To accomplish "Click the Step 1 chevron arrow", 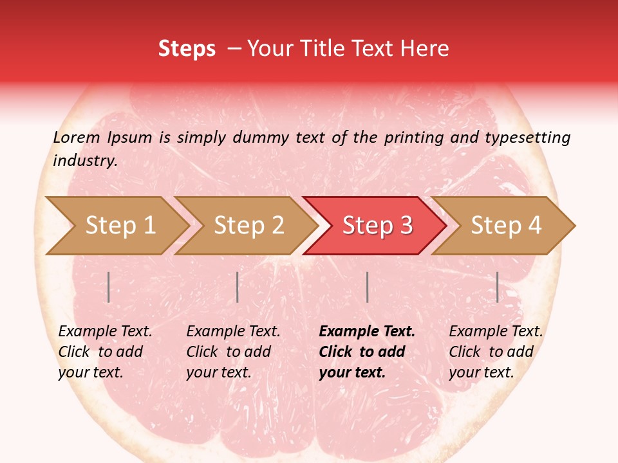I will [119, 226].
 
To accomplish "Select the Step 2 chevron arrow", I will [248, 226].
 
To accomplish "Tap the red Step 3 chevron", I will [377, 226].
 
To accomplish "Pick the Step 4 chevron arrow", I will [505, 226].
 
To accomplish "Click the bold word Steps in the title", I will [187, 49].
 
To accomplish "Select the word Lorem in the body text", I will [77, 137].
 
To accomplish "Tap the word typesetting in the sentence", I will [527, 138].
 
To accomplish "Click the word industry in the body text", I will [84, 160].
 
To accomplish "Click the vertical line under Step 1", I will [109, 287].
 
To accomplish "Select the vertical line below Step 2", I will [238, 287].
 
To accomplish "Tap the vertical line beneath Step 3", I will [367, 287].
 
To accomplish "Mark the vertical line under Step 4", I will [498, 287].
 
